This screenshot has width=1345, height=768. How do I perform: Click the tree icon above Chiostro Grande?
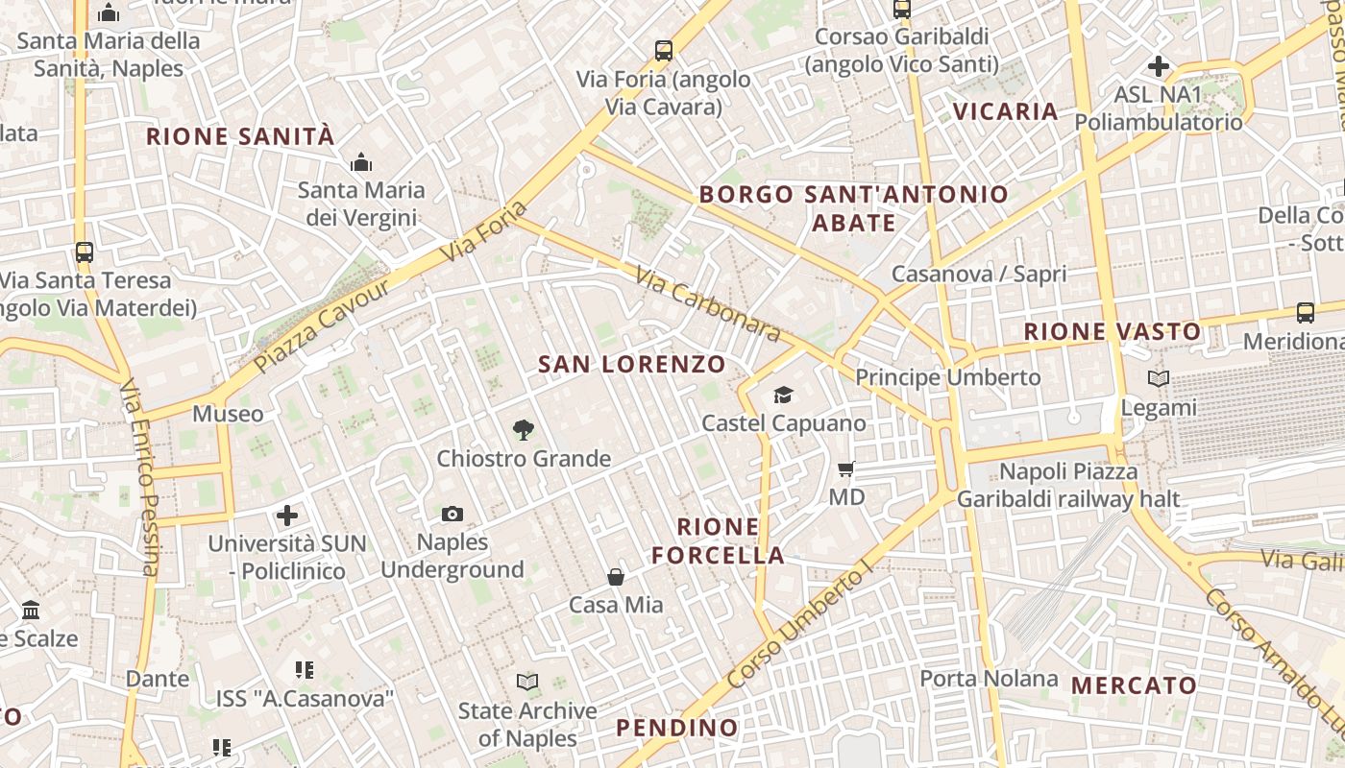pos(524,430)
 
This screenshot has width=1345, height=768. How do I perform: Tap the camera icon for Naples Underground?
pos(452,515)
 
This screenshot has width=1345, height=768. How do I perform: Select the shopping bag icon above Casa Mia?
pos(616,577)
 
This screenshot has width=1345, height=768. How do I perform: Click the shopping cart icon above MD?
pos(846,469)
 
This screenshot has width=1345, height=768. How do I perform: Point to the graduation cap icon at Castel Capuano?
pos(784,396)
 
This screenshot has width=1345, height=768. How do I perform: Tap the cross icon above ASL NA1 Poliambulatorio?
pos(1159,66)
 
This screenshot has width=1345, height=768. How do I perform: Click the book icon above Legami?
pos(1160,379)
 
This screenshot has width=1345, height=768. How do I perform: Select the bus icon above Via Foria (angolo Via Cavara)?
pos(663,51)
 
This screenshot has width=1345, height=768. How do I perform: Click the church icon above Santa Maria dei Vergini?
pos(361,162)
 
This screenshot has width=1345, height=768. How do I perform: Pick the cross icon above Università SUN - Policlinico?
pos(287,516)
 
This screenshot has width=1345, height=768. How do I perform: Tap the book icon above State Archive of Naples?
pos(527,683)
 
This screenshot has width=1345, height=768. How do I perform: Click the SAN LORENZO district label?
pos(631,365)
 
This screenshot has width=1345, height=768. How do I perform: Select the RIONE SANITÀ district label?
pos(240,136)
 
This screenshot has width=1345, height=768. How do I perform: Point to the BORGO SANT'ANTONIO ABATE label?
pos(853,208)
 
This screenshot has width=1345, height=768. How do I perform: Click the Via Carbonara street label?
pos(708,304)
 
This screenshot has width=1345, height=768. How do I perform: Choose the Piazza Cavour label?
pos(322,326)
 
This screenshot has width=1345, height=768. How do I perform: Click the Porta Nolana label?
pos(989,679)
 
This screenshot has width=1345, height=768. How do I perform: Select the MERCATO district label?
pos(1134,685)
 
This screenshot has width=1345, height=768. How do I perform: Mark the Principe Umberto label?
pos(947,377)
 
